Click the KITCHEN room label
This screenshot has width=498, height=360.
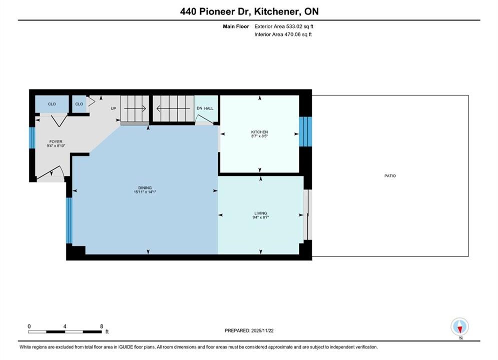(x=259, y=132)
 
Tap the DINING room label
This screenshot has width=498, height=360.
(x=145, y=188)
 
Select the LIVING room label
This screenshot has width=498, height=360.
(x=260, y=213)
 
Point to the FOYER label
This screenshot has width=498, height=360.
(x=56, y=142)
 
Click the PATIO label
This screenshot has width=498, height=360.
(x=390, y=175)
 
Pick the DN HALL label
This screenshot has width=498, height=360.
(x=205, y=108)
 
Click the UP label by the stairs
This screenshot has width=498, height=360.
(x=114, y=108)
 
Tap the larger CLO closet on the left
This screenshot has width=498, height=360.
(x=52, y=104)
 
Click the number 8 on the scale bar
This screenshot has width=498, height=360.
(x=102, y=326)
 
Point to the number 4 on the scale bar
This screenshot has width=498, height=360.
(x=65, y=326)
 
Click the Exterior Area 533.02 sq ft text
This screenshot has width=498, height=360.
(x=284, y=26)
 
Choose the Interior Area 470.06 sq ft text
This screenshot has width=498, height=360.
(x=283, y=34)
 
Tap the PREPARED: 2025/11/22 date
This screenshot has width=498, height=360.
(x=249, y=330)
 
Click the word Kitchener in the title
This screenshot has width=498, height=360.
(x=277, y=11)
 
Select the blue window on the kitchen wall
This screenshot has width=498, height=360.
(x=305, y=132)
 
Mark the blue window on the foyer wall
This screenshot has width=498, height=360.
(x=32, y=137)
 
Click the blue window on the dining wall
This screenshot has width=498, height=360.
(x=69, y=220)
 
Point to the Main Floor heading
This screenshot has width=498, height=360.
(x=236, y=26)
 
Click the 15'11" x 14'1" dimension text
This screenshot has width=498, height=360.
(x=145, y=192)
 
